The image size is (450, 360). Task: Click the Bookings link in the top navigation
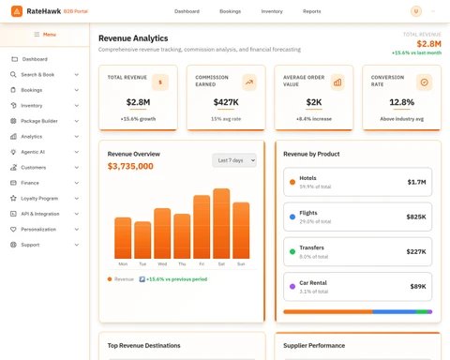point(230,11)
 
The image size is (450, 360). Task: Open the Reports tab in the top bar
point(311,11)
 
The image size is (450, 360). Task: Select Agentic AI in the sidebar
point(33,152)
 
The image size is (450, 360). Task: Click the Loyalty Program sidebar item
point(39,198)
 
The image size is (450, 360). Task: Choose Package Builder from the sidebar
point(39,121)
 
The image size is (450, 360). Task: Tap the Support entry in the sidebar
point(30,245)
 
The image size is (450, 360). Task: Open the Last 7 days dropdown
point(233,160)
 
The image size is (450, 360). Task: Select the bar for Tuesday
point(142,240)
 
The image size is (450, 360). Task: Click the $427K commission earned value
point(225,102)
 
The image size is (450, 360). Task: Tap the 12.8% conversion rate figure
point(401,102)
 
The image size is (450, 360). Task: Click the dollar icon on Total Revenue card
point(160,82)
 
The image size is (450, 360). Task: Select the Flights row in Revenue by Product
point(357,217)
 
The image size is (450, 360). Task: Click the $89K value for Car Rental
point(417,287)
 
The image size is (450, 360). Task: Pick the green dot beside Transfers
point(292,251)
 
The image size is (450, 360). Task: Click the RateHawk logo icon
point(17,11)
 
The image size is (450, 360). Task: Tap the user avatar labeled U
point(415,11)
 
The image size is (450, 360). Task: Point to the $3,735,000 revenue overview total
point(130,166)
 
